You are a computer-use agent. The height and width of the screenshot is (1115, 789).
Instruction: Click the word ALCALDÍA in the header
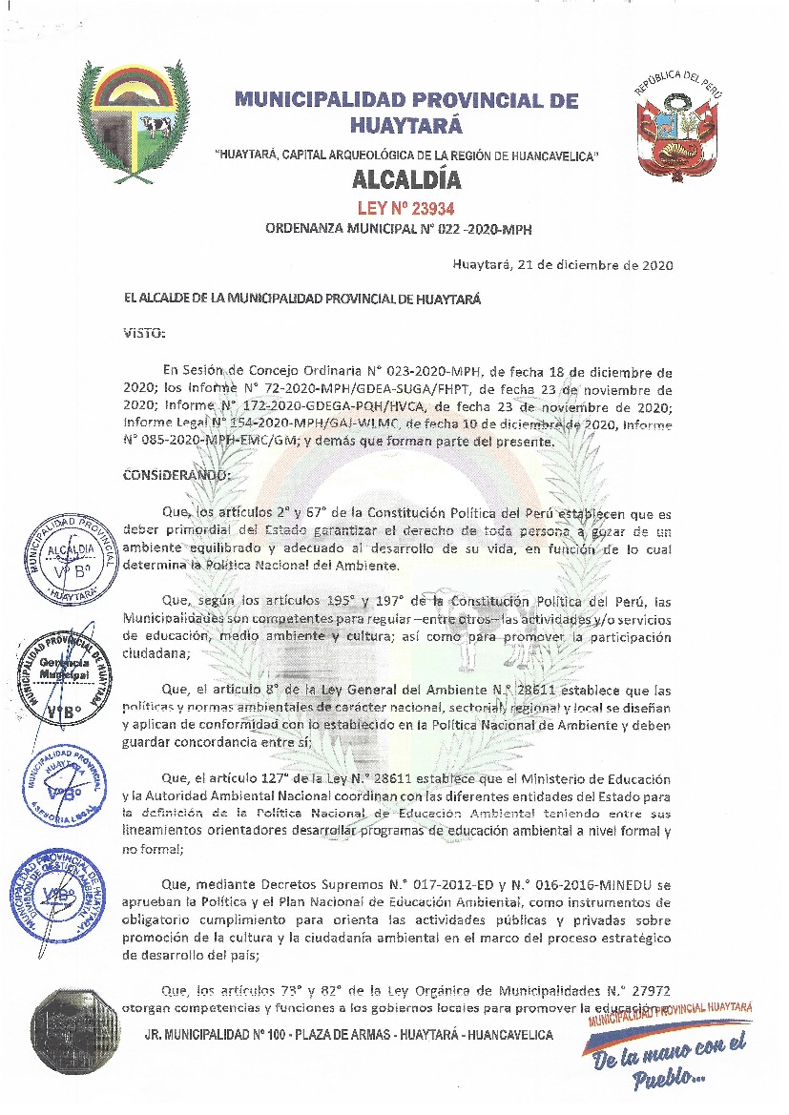pos(406,179)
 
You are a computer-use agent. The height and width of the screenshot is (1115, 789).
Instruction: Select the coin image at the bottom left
pos(73,1035)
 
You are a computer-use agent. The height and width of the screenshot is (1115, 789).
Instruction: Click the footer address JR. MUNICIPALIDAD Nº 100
pos(348,1035)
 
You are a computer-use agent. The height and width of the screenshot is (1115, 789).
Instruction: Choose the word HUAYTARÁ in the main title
pos(406,125)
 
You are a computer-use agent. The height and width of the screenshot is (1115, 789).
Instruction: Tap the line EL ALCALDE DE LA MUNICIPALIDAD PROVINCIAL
pos(302,299)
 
